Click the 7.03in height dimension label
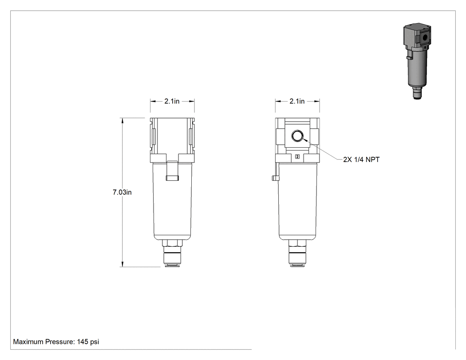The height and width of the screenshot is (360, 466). pyautogui.click(x=122, y=192)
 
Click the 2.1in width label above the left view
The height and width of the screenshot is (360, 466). pyautogui.click(x=172, y=101)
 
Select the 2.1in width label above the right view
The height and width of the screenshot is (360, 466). pyautogui.click(x=297, y=101)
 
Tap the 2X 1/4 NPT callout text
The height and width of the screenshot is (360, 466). pyautogui.click(x=361, y=160)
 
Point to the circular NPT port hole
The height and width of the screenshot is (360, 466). pyautogui.click(x=297, y=136)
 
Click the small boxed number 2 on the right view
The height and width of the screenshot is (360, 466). pyautogui.click(x=297, y=157)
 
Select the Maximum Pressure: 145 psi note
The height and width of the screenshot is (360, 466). pyautogui.click(x=56, y=342)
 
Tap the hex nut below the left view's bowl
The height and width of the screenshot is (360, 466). pyautogui.click(x=172, y=243)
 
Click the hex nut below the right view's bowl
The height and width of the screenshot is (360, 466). pyautogui.click(x=297, y=243)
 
